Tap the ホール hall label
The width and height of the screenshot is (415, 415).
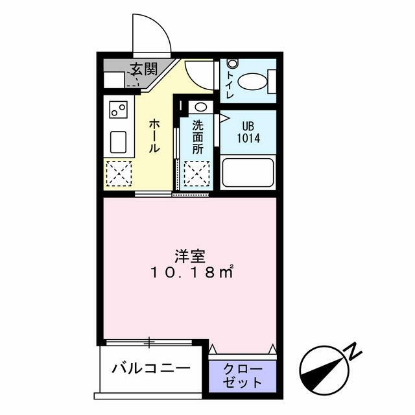tap(155, 136)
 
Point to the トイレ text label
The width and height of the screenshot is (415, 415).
tap(230, 84)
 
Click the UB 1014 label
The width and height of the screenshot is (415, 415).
tap(248, 132)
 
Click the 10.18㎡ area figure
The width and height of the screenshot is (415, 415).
tap(192, 274)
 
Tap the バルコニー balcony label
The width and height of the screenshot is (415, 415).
tap(151, 368)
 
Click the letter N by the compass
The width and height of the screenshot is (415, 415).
tap(353, 351)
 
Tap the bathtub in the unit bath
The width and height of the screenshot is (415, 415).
tap(248, 172)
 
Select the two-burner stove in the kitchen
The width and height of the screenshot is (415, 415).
tap(117, 110)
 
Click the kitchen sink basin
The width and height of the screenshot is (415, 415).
tap(117, 142)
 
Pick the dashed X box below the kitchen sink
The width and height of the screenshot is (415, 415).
tap(118, 173)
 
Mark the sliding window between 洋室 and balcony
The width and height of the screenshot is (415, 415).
tap(150, 341)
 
